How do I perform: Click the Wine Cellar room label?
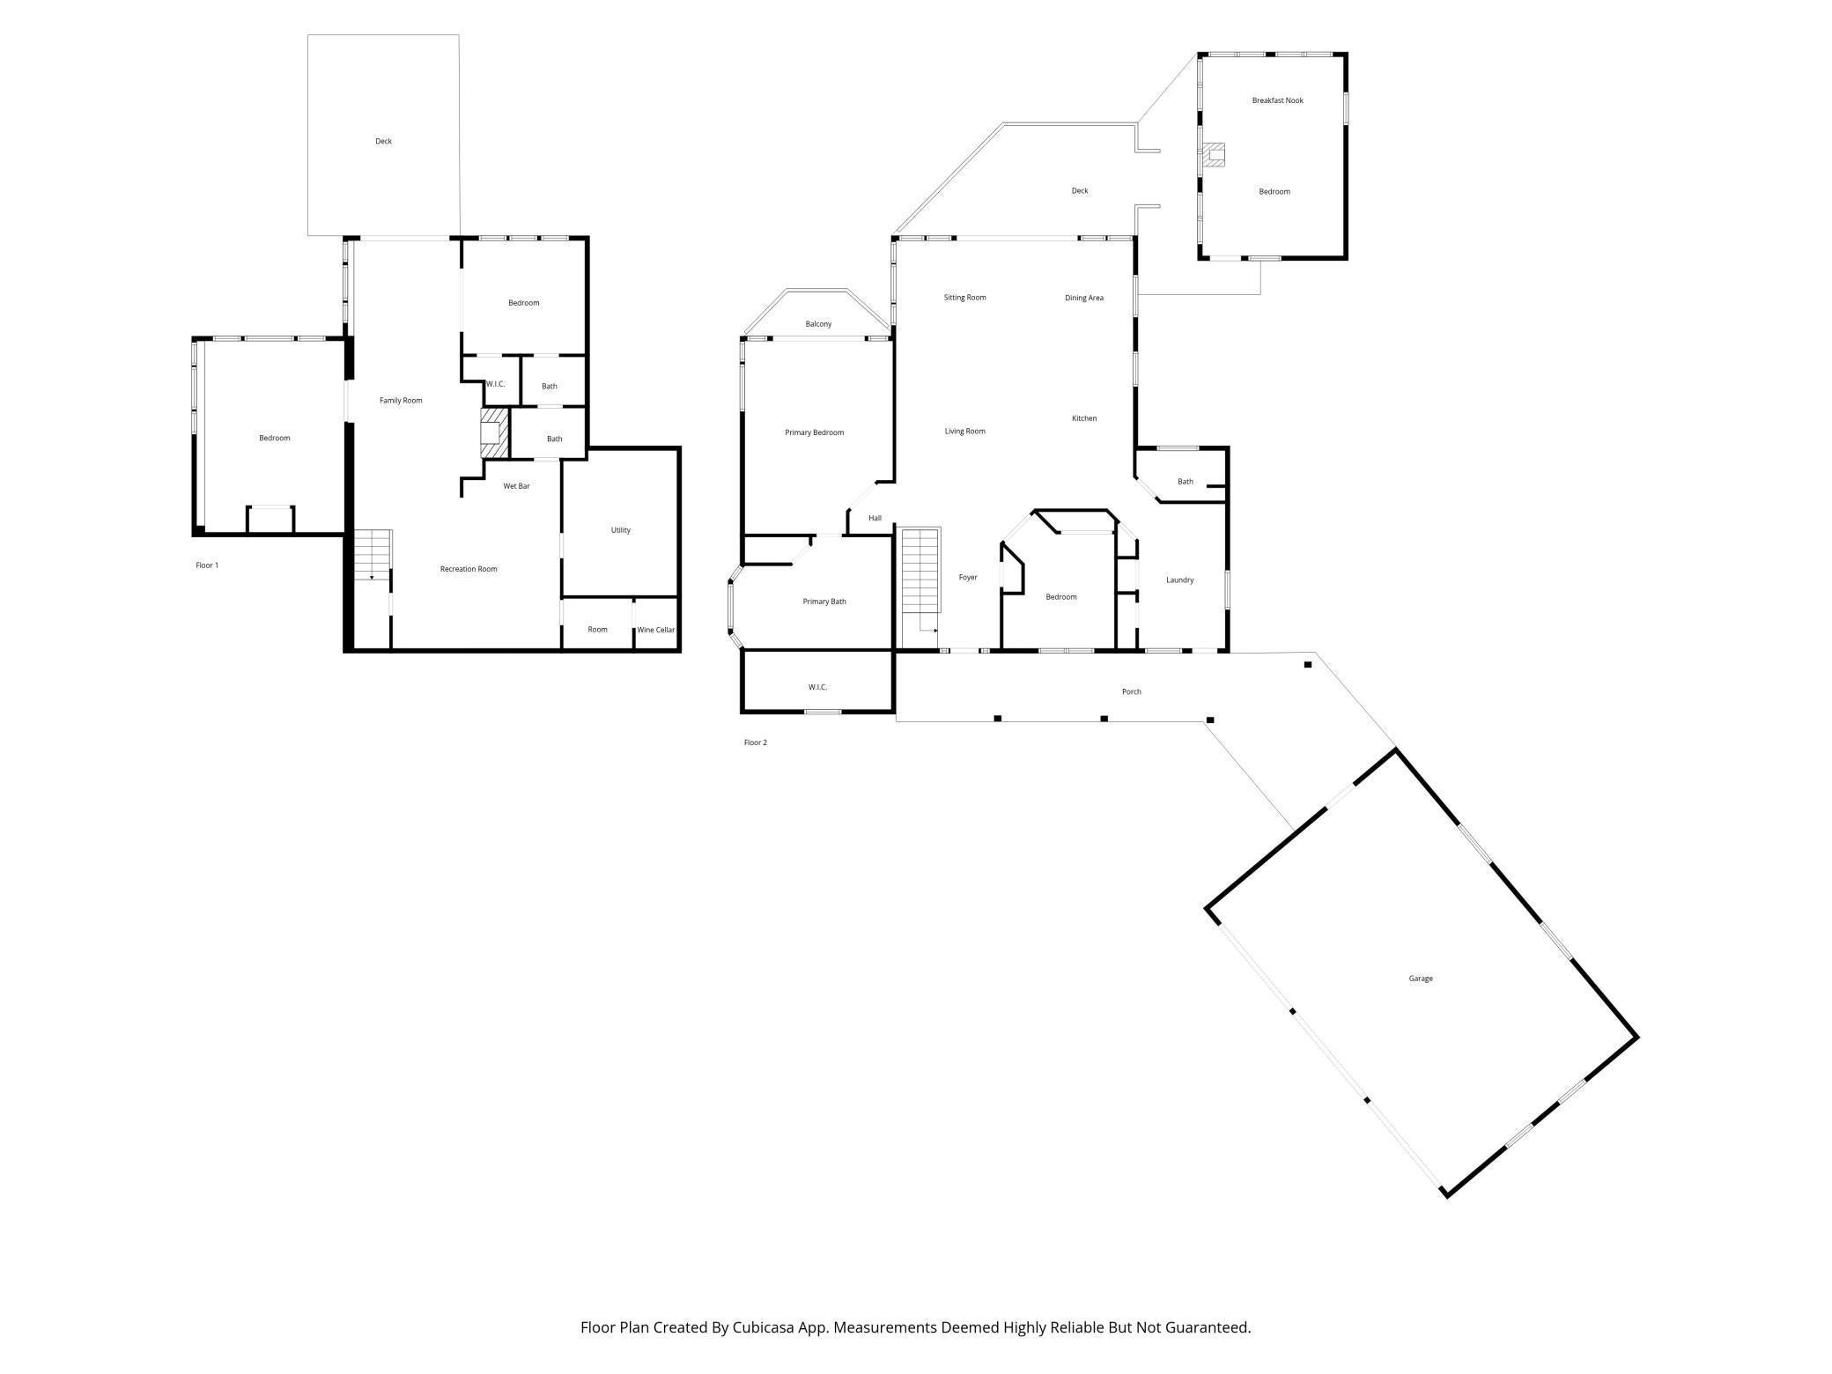(655, 630)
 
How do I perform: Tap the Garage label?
(1420, 979)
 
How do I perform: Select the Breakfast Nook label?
(1277, 100)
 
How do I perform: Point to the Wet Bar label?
(516, 486)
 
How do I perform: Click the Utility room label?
(620, 530)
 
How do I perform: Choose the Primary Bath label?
(824, 602)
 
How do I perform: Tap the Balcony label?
(818, 324)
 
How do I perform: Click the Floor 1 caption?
(207, 565)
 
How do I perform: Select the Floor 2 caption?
(755, 742)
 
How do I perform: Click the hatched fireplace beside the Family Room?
(494, 432)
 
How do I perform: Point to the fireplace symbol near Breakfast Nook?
(1215, 156)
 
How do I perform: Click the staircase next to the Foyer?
(920, 572)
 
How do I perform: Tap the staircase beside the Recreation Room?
(373, 555)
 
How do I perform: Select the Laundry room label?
(1179, 580)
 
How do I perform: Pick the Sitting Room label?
(964, 298)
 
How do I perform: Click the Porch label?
(1131, 691)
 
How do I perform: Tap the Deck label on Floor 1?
(383, 141)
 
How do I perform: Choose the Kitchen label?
(1083, 418)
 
